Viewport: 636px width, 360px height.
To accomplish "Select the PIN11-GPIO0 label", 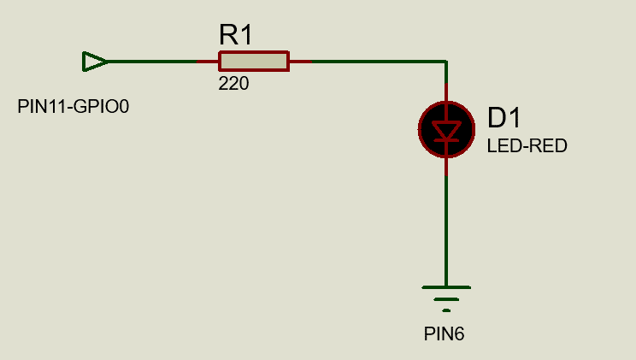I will [x=73, y=107].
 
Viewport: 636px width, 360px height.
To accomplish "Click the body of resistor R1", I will [x=254, y=61].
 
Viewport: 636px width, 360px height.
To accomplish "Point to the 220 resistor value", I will [x=233, y=84].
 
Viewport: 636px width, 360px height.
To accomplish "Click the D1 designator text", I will [x=503, y=118].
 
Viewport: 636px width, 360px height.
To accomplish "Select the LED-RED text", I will [x=527, y=146].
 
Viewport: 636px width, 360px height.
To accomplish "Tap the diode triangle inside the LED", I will [x=445, y=129].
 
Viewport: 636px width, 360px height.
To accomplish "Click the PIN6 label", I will [x=444, y=333].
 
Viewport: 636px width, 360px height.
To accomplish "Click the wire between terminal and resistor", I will [x=154, y=62].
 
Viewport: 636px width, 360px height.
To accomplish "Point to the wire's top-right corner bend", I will [x=445, y=62].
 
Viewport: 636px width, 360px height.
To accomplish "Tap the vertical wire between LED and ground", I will [x=445, y=231].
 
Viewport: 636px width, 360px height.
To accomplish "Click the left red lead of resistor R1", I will [x=209, y=62].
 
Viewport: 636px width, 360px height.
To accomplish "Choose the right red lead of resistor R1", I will [x=299, y=62].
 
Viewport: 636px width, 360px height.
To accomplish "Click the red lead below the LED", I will [x=445, y=166].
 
